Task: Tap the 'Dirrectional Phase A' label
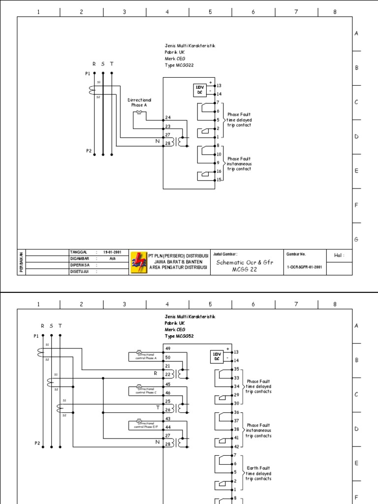(x=140, y=102)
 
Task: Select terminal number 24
(x=168, y=118)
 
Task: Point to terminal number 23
(x=168, y=126)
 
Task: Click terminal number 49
(x=168, y=348)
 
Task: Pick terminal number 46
(x=168, y=393)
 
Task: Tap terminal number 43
(x=168, y=418)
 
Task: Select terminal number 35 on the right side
(x=236, y=369)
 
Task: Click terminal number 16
(x=219, y=171)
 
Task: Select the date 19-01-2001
(x=112, y=252)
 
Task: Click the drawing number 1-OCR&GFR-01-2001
(x=304, y=267)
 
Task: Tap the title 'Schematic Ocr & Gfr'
(x=244, y=263)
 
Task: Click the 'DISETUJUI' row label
(x=80, y=271)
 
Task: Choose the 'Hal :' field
(x=339, y=255)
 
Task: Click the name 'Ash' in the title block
(x=112, y=258)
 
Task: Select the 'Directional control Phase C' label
(x=146, y=391)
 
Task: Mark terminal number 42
(x=236, y=446)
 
